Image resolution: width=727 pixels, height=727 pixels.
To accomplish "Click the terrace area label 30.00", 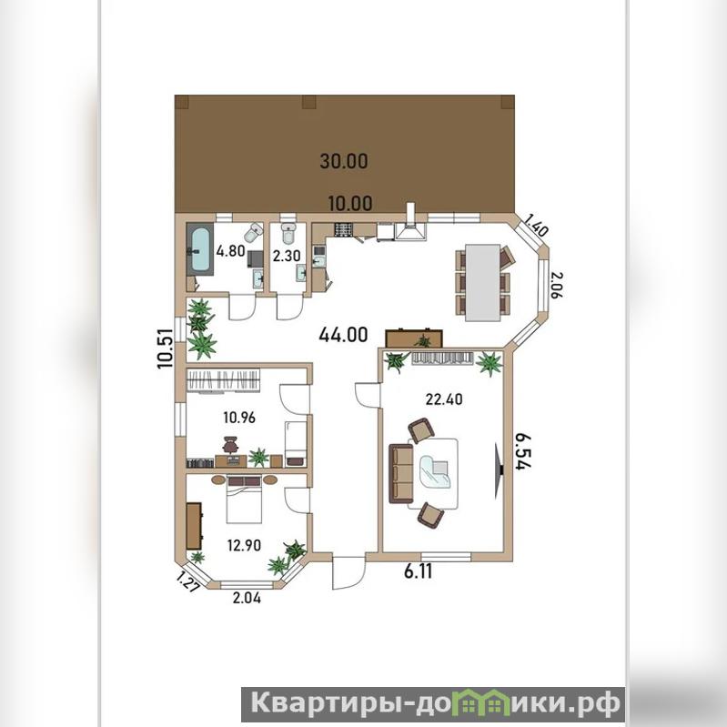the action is point(344,161).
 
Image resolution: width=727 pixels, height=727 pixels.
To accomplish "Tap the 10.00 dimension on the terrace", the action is point(350,203).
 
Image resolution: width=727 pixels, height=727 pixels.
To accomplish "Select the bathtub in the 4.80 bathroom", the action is point(200,249).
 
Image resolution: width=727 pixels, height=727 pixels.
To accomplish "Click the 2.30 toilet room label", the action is point(287,256).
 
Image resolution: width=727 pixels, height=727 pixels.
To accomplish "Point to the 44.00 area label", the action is point(343,334).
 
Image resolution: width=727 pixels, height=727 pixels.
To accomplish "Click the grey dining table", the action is point(482,282).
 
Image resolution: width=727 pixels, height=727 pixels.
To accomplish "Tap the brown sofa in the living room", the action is point(400,473).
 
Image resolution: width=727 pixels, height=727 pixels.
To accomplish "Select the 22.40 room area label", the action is point(444,399).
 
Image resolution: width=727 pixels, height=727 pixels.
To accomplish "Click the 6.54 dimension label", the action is point(523,452).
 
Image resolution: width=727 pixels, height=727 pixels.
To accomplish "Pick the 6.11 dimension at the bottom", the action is point(419,571).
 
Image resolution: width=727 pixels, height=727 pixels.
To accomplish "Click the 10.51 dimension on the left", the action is point(165,348).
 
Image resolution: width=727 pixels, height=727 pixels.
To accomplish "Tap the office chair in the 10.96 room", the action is point(229,444).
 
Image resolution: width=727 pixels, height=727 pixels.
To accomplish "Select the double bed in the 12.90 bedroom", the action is point(245,500).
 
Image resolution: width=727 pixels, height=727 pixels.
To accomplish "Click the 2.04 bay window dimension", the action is point(247,598).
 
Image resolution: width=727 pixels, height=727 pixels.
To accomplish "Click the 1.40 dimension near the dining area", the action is point(538,225).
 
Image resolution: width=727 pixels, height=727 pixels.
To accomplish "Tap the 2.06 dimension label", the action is point(556,285).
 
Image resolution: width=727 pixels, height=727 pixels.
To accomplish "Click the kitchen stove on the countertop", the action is point(344,230).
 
